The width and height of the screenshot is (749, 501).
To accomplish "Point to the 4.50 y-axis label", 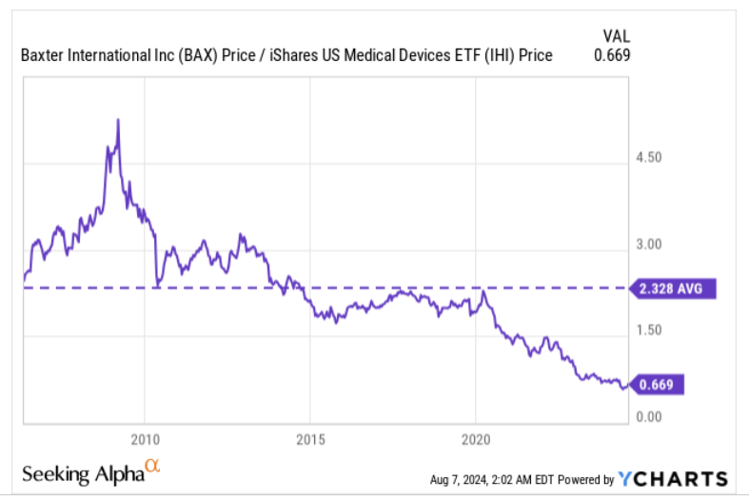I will (x=648, y=158).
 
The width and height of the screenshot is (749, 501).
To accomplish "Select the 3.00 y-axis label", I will (x=648, y=245).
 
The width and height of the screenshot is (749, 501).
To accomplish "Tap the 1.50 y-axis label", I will (x=648, y=331).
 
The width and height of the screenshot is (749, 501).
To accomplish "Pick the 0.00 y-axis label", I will (x=648, y=417).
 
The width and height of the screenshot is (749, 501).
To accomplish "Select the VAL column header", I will (x=618, y=35).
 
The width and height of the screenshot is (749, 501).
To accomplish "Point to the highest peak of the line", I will (x=117, y=120).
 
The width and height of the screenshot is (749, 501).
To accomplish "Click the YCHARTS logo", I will (x=673, y=479).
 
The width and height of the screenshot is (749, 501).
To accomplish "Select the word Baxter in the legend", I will (x=41, y=55).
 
